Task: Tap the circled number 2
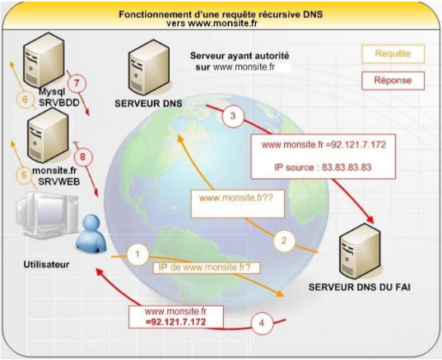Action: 283,241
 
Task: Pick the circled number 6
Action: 23,98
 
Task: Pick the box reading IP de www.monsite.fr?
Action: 202,268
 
